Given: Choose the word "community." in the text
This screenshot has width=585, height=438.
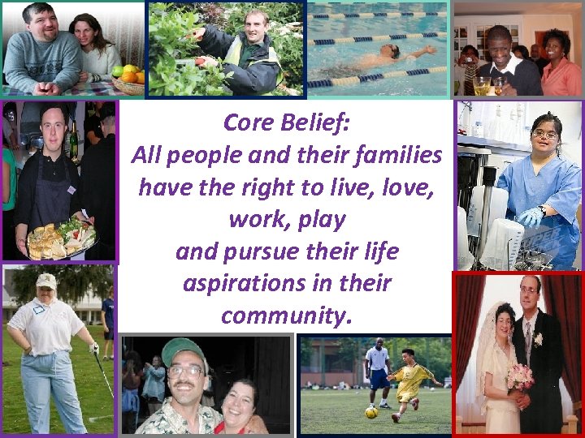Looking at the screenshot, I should coord(287,315).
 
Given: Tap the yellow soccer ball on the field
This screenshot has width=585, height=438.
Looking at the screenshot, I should coord(370,413).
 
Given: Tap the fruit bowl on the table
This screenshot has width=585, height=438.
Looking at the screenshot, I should coord(128,80).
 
